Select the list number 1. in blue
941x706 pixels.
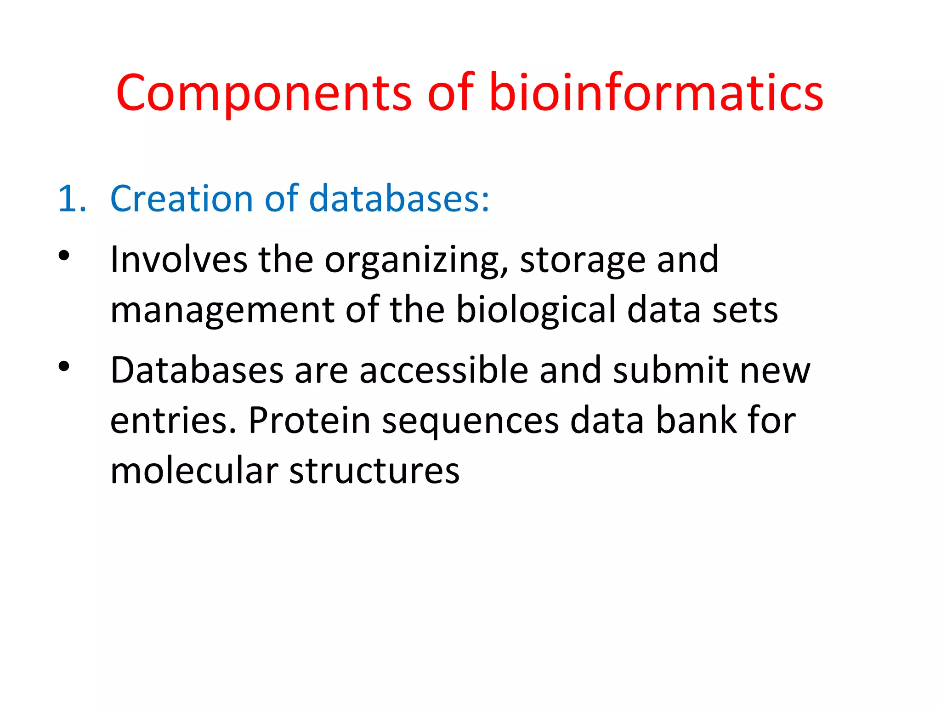click(72, 199)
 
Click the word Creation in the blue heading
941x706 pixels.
click(182, 199)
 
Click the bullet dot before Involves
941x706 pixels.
click(64, 256)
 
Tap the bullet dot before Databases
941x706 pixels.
click(64, 366)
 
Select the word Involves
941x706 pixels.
click(179, 260)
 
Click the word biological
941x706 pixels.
click(535, 310)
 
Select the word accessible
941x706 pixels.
click(443, 370)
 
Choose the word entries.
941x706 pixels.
click(173, 421)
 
